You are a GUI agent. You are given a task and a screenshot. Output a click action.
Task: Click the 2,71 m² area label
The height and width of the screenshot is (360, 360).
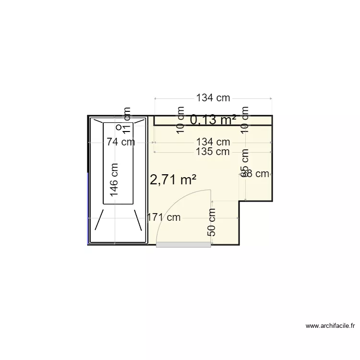(x=173, y=180)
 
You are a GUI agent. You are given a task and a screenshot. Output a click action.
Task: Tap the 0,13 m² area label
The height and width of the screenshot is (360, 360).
(x=213, y=120)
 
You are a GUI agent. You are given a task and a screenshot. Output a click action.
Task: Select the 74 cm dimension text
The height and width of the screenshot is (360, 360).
(x=120, y=142)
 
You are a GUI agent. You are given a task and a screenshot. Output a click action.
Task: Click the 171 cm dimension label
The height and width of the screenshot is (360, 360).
(x=164, y=217)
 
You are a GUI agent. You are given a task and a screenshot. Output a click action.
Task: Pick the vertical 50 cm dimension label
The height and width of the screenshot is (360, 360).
(x=212, y=222)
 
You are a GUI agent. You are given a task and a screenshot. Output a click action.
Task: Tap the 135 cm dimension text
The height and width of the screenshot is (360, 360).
(x=213, y=152)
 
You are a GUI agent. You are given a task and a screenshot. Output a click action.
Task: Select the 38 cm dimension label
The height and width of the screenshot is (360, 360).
(x=257, y=174)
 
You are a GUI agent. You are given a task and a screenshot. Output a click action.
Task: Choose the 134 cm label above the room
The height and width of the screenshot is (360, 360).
(x=213, y=98)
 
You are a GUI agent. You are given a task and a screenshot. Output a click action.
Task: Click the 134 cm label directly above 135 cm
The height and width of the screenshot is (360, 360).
(x=213, y=142)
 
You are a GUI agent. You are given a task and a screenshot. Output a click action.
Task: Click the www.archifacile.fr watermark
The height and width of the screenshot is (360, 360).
(x=331, y=326)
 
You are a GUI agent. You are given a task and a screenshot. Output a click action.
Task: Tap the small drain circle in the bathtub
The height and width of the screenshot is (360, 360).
(x=119, y=128)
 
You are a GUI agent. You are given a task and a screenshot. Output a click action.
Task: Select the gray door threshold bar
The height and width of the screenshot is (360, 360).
(x=184, y=244)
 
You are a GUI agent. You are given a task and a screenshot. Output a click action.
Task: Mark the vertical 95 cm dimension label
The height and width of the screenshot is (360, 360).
(x=245, y=163)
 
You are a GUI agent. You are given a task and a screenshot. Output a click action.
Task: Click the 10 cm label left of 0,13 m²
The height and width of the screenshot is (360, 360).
(x=180, y=120)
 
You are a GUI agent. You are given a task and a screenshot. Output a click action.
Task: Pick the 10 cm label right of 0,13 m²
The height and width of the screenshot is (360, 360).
(x=245, y=120)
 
